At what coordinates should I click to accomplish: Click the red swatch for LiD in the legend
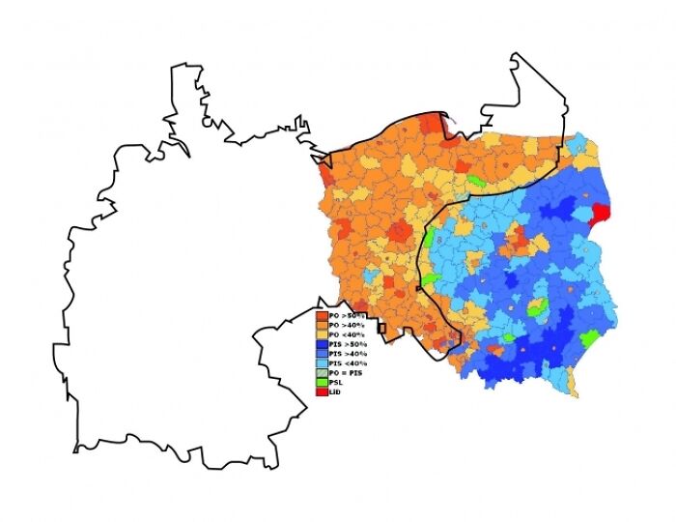(x=322, y=391)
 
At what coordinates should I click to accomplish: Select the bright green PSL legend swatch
(x=322, y=382)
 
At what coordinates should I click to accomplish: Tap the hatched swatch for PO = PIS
(x=322, y=372)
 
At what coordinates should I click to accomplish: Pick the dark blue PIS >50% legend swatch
(x=322, y=344)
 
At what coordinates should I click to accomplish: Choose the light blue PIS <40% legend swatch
(x=322, y=362)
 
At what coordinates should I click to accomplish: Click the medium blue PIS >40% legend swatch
(x=322, y=354)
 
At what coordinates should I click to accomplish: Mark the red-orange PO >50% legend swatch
(x=322, y=316)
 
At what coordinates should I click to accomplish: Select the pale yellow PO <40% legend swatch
(x=322, y=334)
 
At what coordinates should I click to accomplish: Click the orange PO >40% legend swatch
(x=322, y=326)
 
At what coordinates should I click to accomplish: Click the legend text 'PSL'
(x=335, y=382)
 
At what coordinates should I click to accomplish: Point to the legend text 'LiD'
(x=334, y=391)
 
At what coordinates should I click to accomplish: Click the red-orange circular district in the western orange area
(x=400, y=232)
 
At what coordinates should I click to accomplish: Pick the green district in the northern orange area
(x=475, y=181)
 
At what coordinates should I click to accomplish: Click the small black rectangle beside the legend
(x=382, y=329)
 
